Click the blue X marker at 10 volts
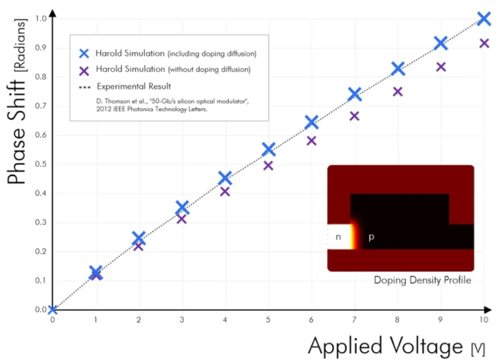coord(484,18)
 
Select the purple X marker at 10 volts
coord(484,43)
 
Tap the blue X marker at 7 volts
coord(355,94)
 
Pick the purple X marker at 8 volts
coord(397,92)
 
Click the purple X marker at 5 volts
coord(268,166)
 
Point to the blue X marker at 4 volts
coord(225,178)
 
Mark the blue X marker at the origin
coord(53,309)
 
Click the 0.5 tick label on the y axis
coord(40,164)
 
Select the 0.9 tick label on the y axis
coord(40,48)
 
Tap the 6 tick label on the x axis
coord(311,320)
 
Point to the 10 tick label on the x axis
coord(484,320)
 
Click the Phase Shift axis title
coord(17,101)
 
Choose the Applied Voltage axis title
coord(397,346)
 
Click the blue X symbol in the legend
coord(84,53)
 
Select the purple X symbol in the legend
coord(84,71)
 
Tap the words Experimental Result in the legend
coord(134,86)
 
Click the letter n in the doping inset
coord(339,237)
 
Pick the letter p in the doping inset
coord(371,237)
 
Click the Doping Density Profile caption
coord(422,280)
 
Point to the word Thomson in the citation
coord(117,101)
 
